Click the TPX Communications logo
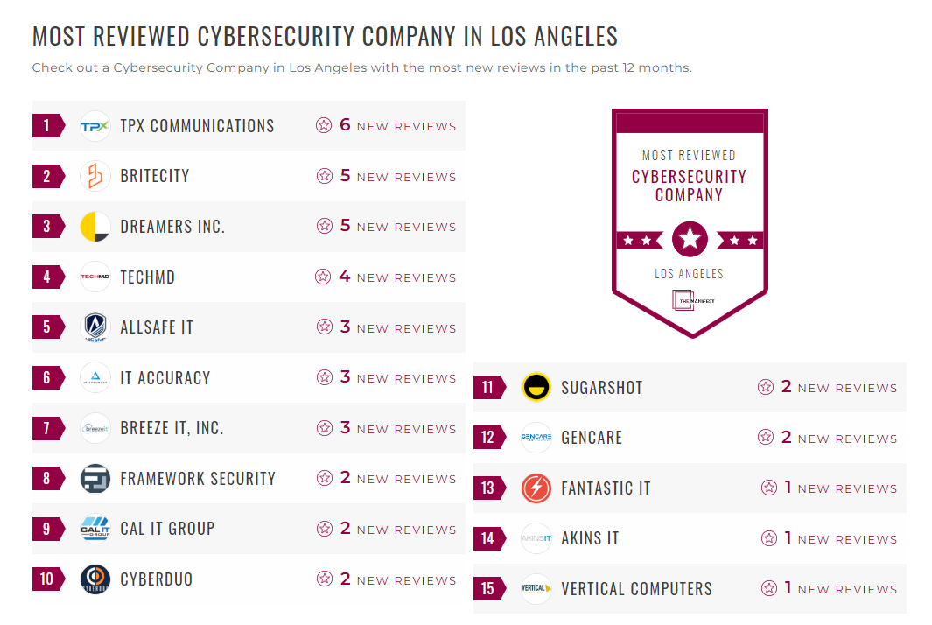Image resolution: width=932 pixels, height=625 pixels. (95, 126)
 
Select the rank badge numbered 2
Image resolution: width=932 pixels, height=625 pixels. (47, 177)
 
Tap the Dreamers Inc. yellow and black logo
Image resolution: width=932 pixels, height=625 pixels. (95, 227)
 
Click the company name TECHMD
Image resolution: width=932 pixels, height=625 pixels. (147, 277)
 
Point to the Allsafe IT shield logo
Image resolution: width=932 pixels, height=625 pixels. (95, 327)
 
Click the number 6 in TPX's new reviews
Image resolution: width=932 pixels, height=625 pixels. (345, 125)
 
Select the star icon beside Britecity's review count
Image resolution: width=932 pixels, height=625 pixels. (325, 176)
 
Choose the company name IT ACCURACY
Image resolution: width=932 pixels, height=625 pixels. (165, 378)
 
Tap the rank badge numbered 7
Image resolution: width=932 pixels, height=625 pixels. (47, 429)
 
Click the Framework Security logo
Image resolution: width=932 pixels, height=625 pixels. (95, 479)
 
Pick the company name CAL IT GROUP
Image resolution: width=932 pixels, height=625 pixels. (167, 529)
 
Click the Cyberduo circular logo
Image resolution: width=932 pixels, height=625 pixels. (95, 579)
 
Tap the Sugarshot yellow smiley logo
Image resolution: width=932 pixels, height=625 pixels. (536, 387)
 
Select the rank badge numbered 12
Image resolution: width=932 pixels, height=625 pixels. (488, 438)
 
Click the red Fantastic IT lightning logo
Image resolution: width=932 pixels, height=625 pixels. (536, 488)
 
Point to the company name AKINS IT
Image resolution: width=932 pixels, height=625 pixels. (590, 538)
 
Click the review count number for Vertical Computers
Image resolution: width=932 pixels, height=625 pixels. (788, 588)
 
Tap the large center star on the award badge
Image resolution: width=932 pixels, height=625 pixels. (690, 238)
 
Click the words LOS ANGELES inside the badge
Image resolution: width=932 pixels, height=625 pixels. (690, 274)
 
